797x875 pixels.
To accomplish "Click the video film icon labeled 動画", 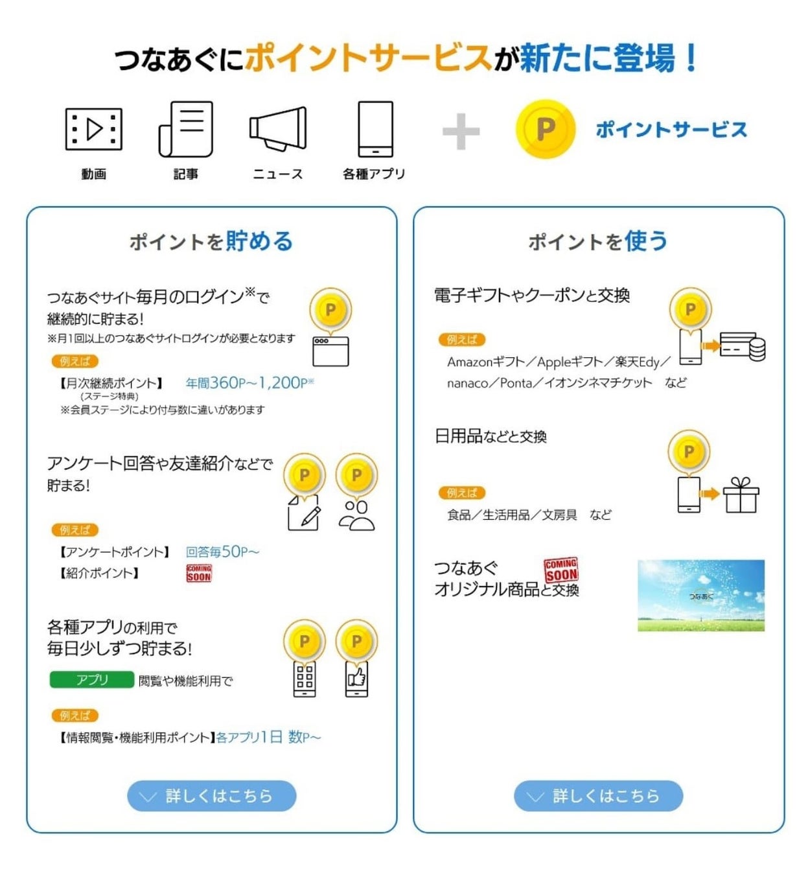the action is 94,130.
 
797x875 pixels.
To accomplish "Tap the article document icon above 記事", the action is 186,129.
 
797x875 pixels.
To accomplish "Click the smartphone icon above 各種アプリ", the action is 376,129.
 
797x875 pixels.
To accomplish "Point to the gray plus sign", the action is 461,132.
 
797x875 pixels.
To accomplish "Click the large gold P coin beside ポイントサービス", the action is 546,129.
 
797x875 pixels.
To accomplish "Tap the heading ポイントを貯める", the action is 211,241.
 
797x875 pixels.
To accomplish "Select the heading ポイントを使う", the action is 597,241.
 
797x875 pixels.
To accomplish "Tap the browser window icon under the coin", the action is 330,351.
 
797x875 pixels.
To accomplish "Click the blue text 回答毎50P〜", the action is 222,552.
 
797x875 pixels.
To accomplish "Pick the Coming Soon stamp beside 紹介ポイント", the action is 199,573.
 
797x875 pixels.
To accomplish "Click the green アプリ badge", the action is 92,679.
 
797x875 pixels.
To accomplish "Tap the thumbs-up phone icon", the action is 356,679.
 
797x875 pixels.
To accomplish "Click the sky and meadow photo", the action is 701,595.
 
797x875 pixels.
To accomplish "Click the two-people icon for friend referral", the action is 356,516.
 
